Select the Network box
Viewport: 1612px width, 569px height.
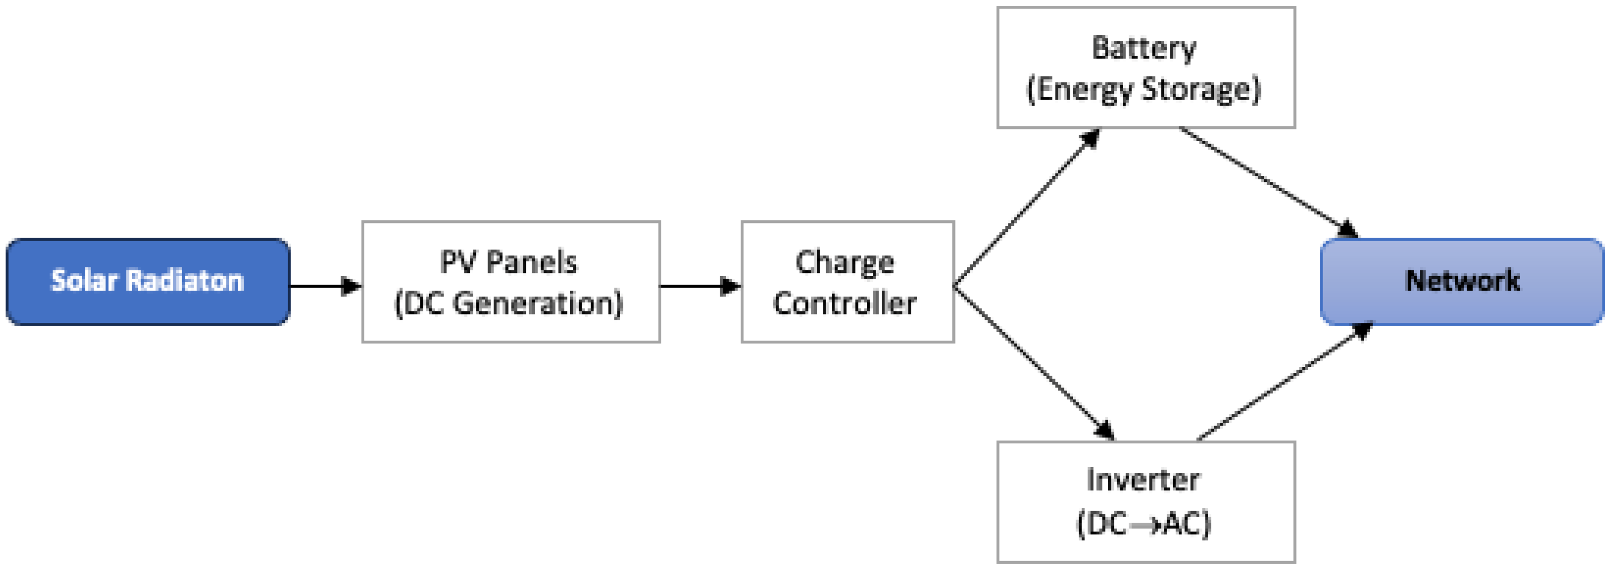click(1462, 281)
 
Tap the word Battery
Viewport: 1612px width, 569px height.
click(1144, 48)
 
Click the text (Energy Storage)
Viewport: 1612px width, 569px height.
click(1144, 89)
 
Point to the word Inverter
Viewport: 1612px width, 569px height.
click(1143, 480)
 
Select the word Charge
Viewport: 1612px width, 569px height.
click(845, 262)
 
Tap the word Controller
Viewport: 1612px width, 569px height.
click(845, 304)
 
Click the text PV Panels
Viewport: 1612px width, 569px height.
click(508, 262)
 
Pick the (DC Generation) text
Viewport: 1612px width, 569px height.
click(508, 304)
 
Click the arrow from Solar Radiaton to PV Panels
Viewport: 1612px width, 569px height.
click(325, 287)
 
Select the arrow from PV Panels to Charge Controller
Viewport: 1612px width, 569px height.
click(700, 287)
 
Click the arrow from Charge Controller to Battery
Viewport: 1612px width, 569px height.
click(1026, 208)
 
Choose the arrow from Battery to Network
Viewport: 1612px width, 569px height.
click(1268, 181)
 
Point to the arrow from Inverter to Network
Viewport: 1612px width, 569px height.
click(1283, 381)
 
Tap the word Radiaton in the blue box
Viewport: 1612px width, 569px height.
click(185, 281)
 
